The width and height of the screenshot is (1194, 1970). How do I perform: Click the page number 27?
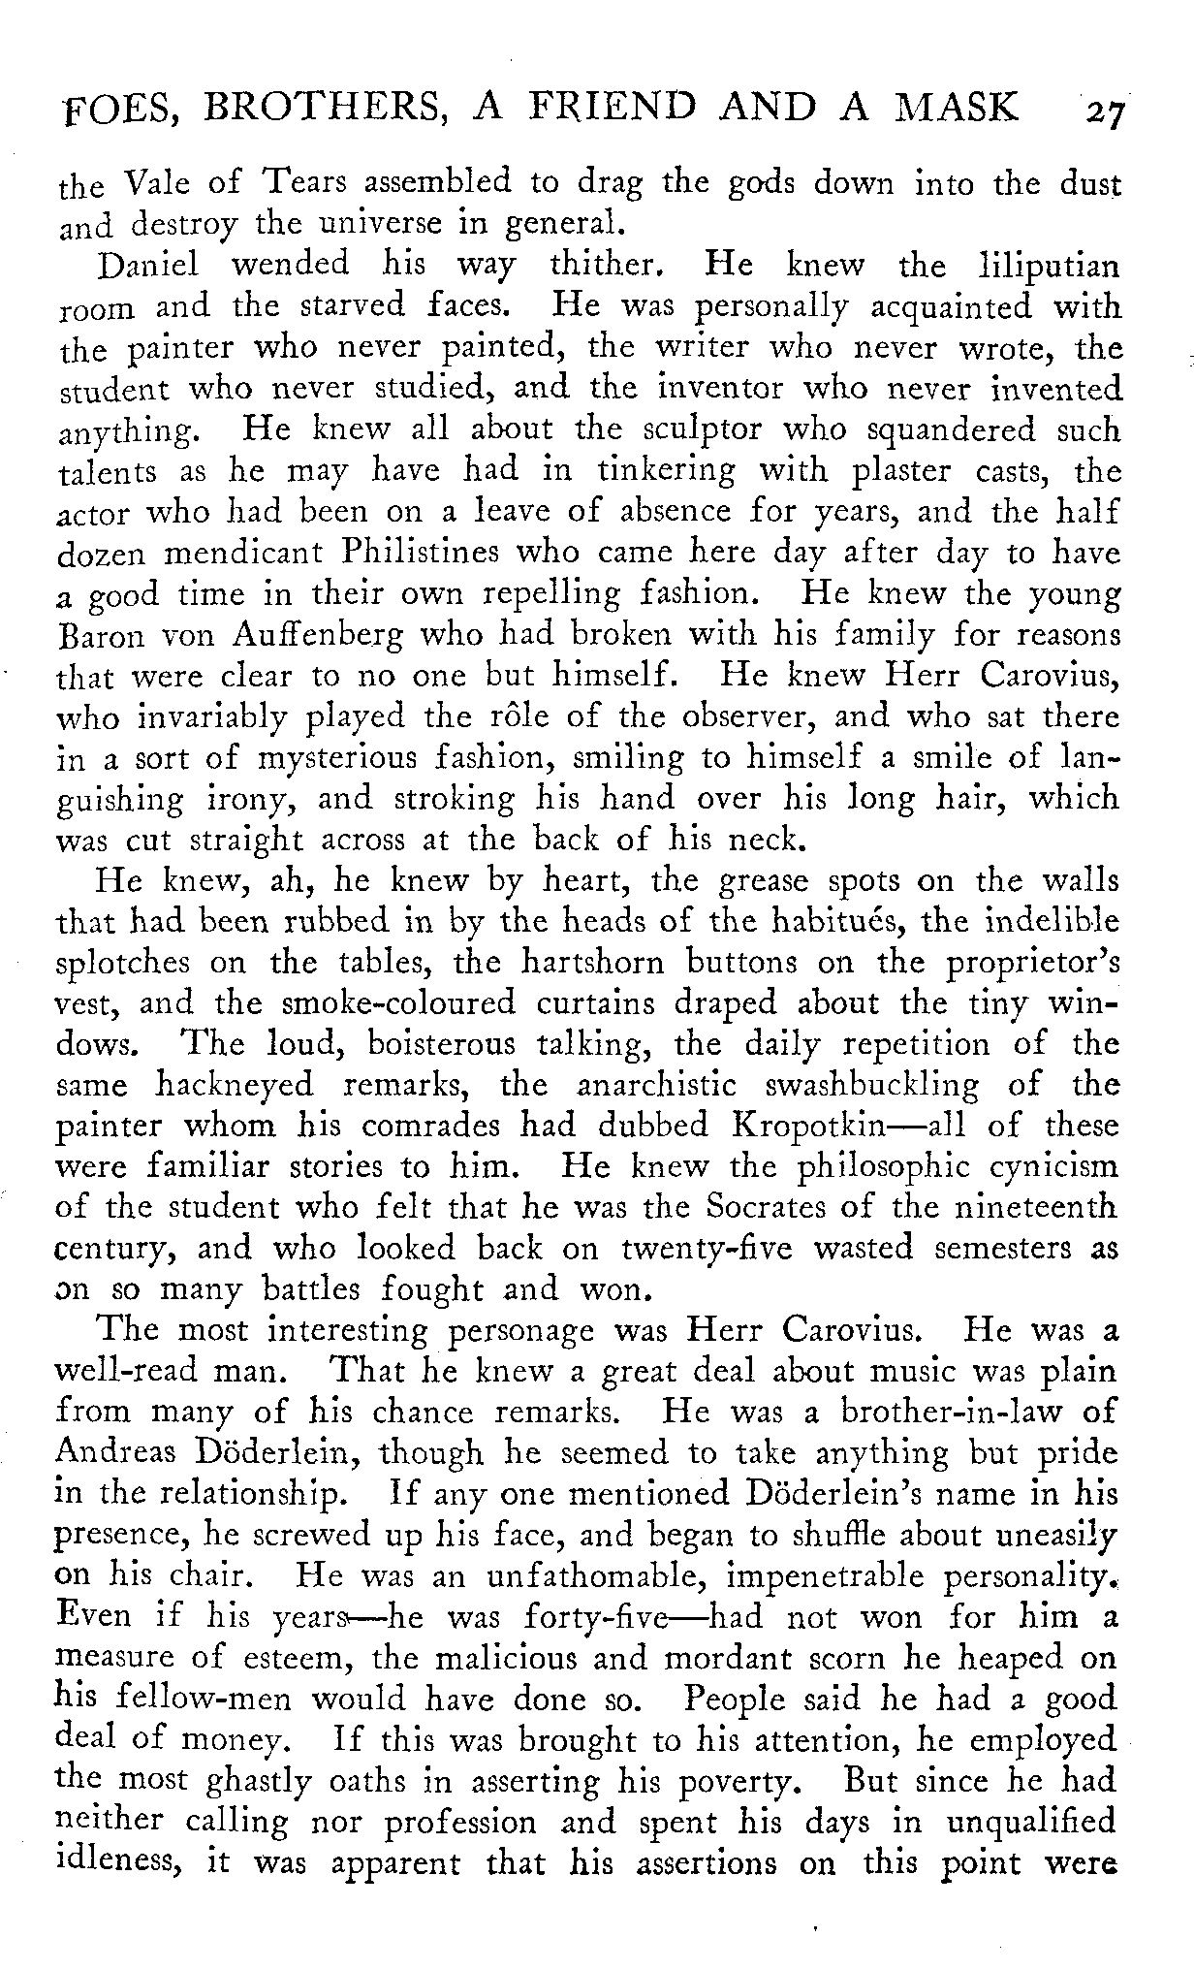(1103, 109)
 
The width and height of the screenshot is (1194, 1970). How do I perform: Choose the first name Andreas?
(115, 1453)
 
